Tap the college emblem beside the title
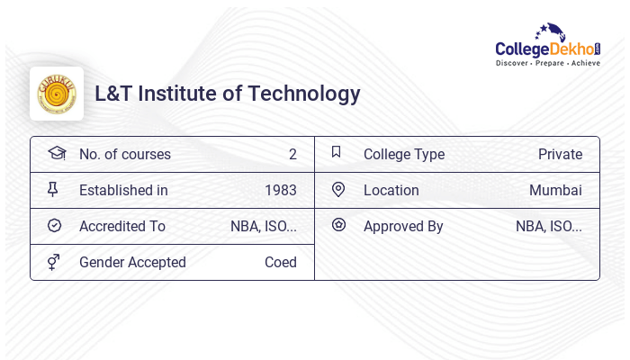(57, 94)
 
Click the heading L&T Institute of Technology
(228, 94)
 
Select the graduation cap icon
(57, 153)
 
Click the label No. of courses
(124, 155)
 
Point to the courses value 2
(292, 155)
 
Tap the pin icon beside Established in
(53, 190)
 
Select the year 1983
(281, 191)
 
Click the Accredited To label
(122, 227)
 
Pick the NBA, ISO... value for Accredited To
(264, 227)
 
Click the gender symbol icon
(53, 262)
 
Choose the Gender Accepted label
(132, 263)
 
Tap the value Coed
(281, 263)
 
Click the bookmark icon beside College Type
(337, 153)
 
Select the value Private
(560, 155)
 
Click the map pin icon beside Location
(338, 190)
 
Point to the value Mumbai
(555, 191)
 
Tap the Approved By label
(403, 227)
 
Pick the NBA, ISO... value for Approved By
(549, 227)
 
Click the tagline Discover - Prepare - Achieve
(548, 64)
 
